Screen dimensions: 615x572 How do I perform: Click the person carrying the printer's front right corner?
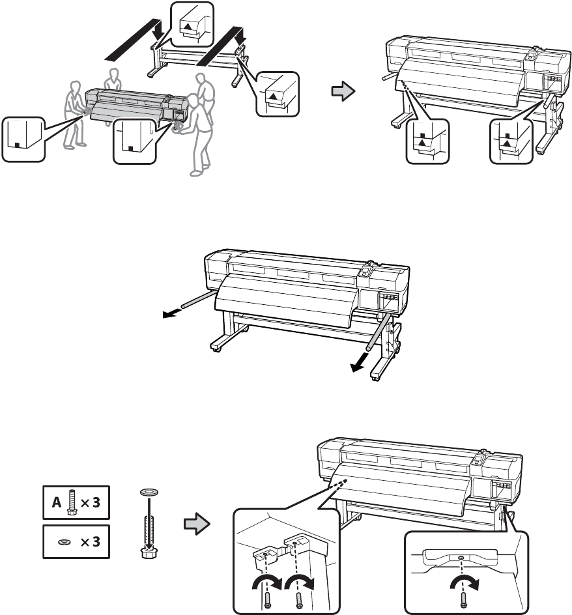199,134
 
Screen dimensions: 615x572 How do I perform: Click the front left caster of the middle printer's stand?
217,351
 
